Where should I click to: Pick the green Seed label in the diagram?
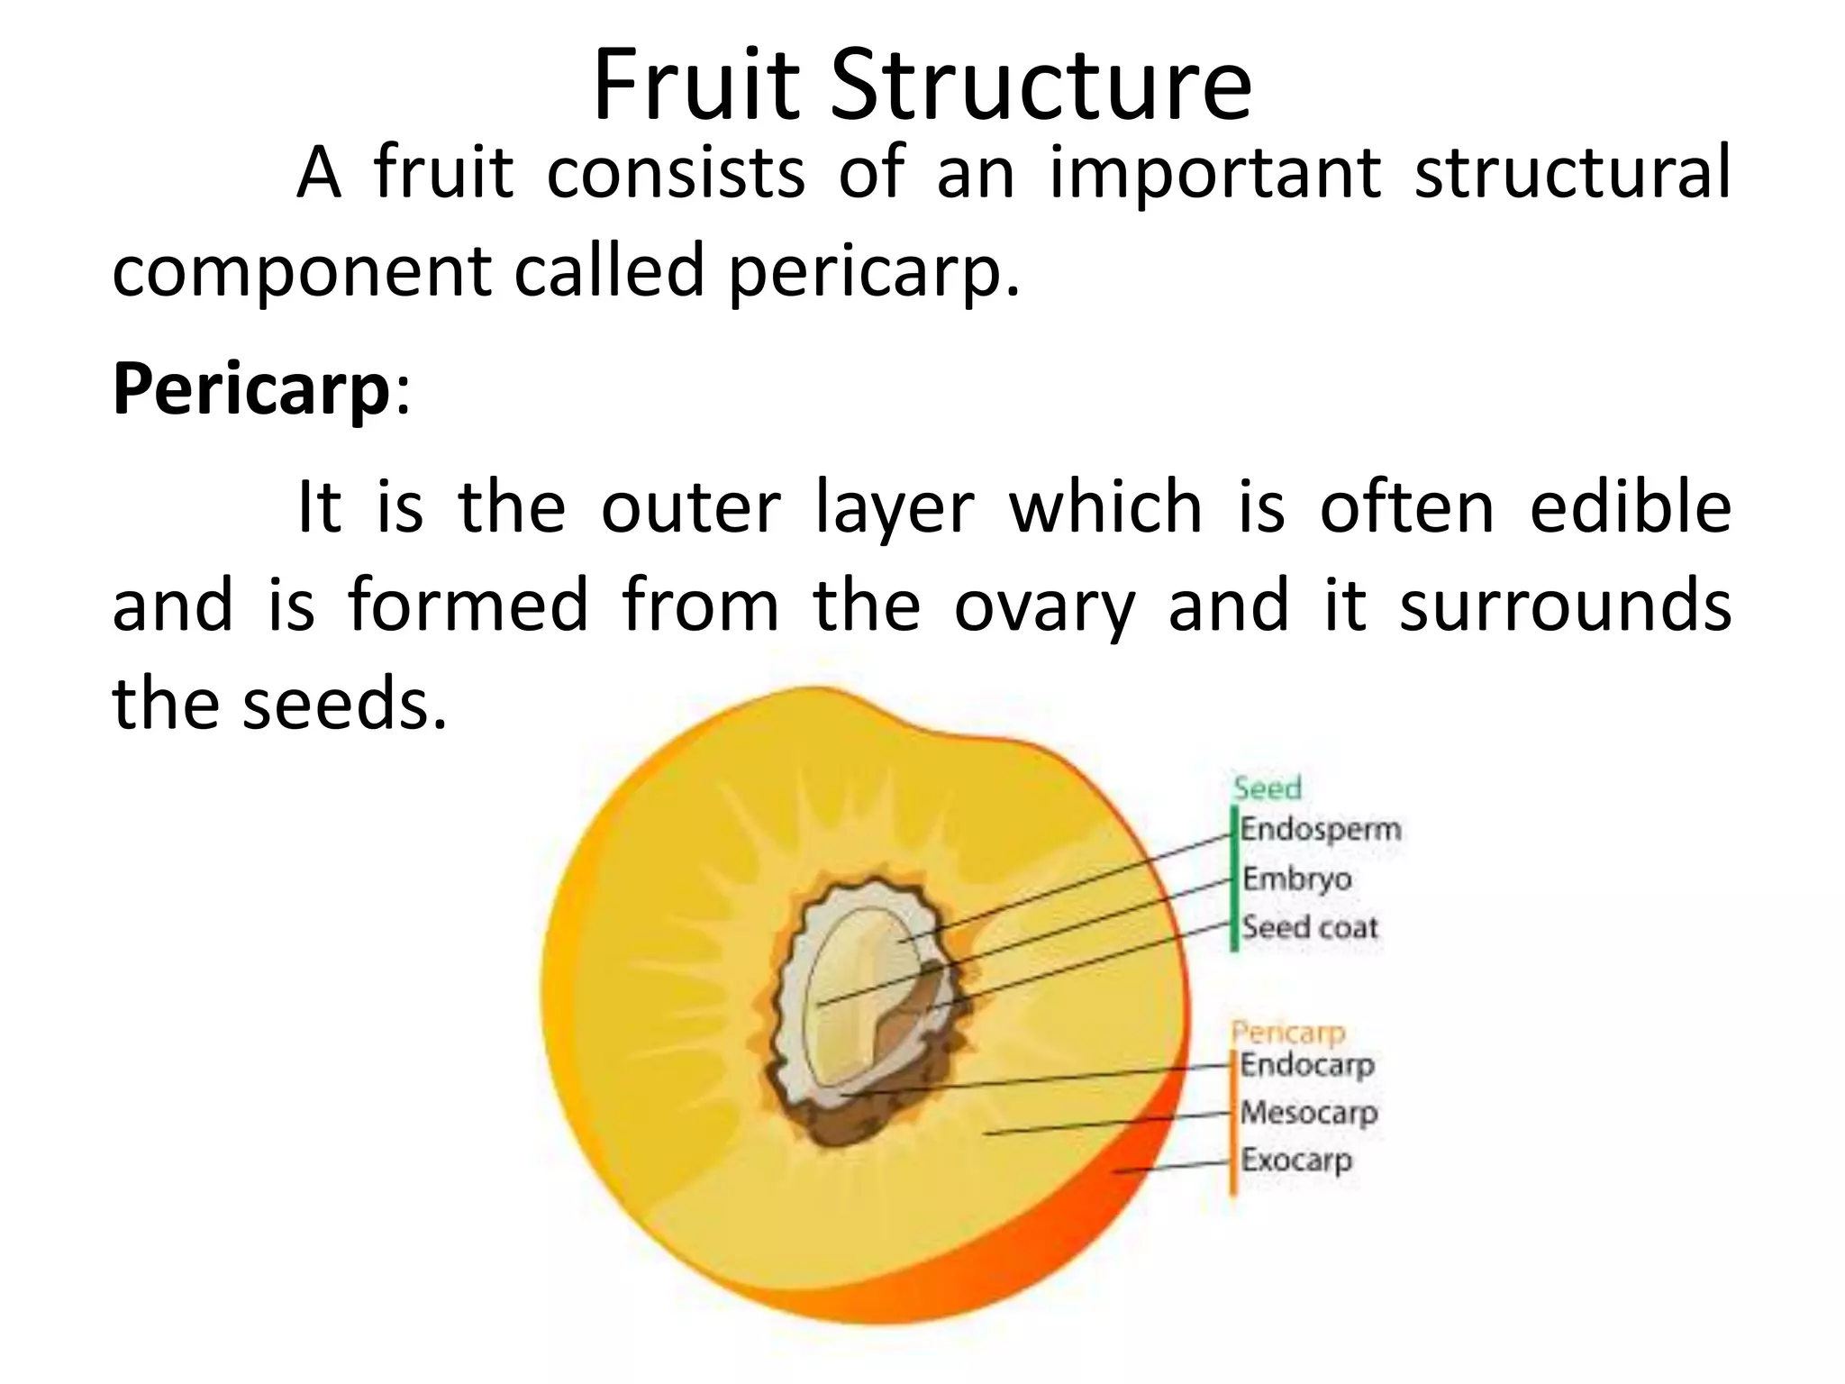[1268, 788]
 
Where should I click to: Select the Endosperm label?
[1321, 829]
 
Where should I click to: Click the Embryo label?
[1297, 879]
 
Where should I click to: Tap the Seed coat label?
[1311, 927]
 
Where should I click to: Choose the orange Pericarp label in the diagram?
[1287, 1033]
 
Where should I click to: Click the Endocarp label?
[1307, 1065]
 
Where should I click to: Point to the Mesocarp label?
[1309, 1113]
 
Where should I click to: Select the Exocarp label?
[1296, 1160]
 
